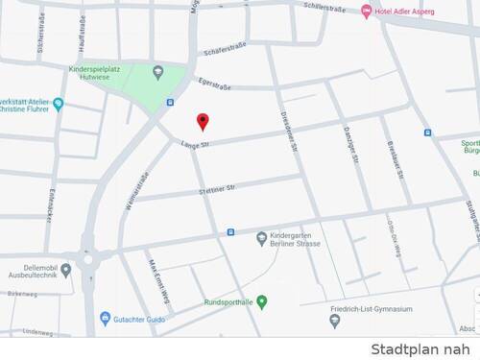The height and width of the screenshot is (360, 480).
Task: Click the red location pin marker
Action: (x=203, y=121)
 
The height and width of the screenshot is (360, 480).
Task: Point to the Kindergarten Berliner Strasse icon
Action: (x=261, y=237)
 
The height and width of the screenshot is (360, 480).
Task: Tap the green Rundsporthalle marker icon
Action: (x=262, y=301)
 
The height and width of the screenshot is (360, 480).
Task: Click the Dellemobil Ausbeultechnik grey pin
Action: (x=65, y=270)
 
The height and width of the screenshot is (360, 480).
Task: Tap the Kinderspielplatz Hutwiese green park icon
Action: (x=158, y=72)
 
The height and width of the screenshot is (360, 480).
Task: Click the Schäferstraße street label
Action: (x=227, y=51)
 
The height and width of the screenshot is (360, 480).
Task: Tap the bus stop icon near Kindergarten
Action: (x=230, y=231)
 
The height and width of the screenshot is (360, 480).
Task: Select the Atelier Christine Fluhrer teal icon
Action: (x=58, y=104)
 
